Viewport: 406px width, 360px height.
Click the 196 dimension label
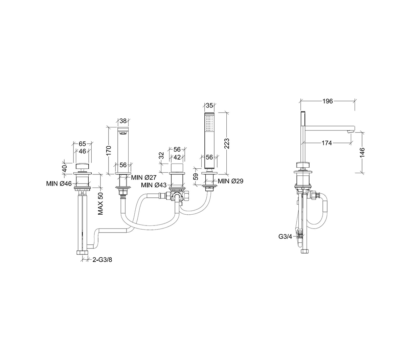[x=327, y=101]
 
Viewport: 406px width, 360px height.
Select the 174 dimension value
[x=326, y=143]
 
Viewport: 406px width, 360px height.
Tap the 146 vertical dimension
[x=362, y=152]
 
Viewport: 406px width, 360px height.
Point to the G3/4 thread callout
[x=285, y=237]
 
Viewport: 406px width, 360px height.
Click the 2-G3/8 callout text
[x=102, y=260]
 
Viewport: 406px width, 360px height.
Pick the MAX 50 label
[x=100, y=203]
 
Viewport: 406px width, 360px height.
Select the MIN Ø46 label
[x=59, y=184]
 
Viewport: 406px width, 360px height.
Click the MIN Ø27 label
[x=144, y=177]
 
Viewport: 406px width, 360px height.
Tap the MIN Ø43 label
[x=154, y=185]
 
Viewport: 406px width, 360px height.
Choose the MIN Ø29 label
[x=230, y=181]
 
